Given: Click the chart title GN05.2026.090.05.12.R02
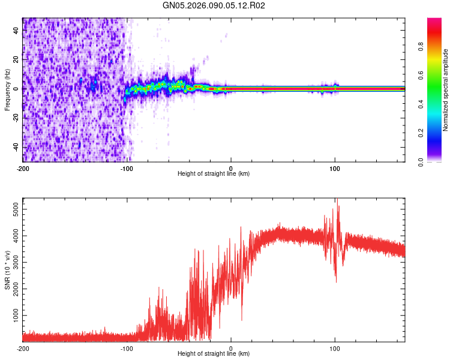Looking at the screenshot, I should point(214,5).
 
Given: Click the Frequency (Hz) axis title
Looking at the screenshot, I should point(7,90).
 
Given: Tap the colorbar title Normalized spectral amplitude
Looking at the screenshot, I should point(446,90).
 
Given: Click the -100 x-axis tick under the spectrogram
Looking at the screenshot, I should point(127,168).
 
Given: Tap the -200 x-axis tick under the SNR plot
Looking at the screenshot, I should point(23,348).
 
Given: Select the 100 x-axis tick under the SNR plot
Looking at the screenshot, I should point(335,348).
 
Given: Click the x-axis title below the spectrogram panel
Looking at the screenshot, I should point(214,174).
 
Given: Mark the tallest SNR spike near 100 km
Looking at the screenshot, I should point(337,199).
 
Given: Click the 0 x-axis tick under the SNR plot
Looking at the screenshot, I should point(231,348).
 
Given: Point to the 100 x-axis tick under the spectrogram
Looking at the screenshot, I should point(335,168).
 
